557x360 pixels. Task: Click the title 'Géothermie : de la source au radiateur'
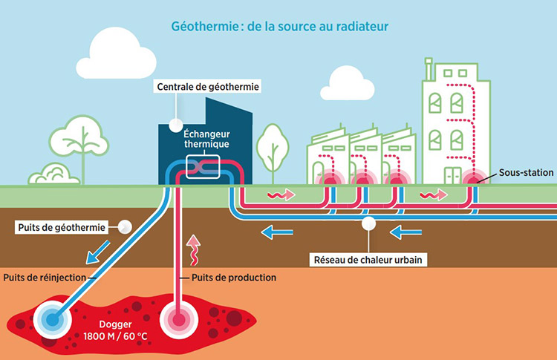(278, 27)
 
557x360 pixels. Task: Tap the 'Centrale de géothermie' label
(207, 87)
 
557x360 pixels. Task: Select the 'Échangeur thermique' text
(206, 139)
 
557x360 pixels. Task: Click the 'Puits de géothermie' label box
(61, 226)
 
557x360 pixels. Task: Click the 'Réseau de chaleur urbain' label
(367, 260)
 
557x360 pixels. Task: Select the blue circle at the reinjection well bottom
(51, 319)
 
